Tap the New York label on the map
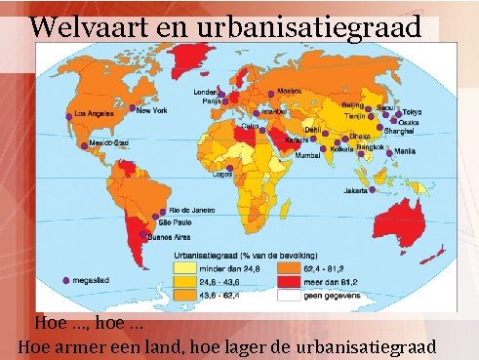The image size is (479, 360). (x=151, y=110)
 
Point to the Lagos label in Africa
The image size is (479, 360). (x=223, y=176)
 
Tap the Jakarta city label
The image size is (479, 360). (x=356, y=190)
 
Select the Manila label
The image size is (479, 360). (x=407, y=152)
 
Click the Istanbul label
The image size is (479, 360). (x=274, y=112)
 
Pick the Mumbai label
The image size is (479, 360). (x=308, y=155)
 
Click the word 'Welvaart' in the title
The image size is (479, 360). (x=77, y=26)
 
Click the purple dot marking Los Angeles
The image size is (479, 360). (x=68, y=115)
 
